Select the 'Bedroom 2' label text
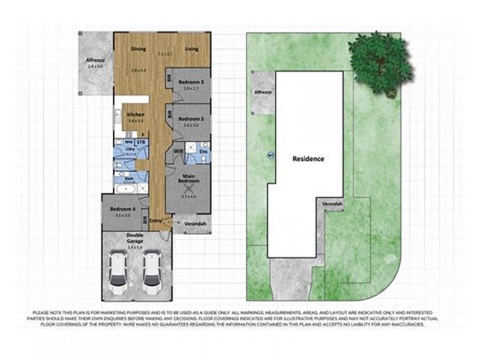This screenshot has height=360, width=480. (x=190, y=119)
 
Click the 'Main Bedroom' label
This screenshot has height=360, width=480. (x=190, y=179)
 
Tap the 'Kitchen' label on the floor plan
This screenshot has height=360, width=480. (x=135, y=114)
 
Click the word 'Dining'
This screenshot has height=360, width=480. (x=139, y=49)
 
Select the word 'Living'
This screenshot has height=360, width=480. (x=191, y=49)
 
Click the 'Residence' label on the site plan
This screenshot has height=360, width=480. (x=308, y=159)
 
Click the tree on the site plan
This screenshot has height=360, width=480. (x=380, y=62)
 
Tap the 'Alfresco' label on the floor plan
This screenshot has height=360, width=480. (x=95, y=61)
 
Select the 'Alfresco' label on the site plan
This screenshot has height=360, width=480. (x=263, y=92)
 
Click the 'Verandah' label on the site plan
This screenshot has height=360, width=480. (x=332, y=204)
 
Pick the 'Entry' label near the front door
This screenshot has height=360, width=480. (x=155, y=220)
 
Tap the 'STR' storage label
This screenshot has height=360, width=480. (x=140, y=142)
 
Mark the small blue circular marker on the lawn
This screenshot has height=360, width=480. (x=270, y=157)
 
